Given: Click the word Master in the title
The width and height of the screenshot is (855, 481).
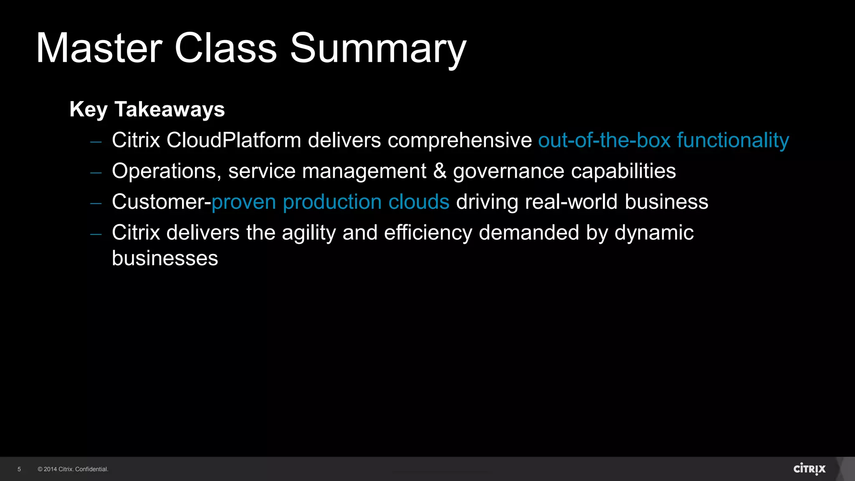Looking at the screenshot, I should point(99,48).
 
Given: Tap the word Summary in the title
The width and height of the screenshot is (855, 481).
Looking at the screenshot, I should point(378,48).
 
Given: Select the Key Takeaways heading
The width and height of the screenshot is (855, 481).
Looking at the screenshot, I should point(147,109).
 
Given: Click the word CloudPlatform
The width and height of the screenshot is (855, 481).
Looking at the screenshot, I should point(233,140).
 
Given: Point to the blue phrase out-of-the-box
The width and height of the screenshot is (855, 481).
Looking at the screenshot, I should point(604,140).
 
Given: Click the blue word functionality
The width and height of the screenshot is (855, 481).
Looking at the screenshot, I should point(733,140).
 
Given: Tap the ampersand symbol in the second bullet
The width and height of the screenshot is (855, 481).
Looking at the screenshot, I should point(440,171).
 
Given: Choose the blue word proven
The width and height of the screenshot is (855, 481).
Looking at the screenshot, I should point(244,203).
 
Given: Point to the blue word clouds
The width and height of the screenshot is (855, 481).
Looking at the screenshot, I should point(419,202).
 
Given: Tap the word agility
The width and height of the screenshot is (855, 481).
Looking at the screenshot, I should point(309,233).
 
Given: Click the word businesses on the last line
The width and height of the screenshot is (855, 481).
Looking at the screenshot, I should point(165,258).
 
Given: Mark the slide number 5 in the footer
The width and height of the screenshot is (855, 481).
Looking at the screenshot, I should point(19,469).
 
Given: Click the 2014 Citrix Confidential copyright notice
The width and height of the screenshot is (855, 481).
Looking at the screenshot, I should point(73,469).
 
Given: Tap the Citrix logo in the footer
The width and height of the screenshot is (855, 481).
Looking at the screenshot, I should point(809,469).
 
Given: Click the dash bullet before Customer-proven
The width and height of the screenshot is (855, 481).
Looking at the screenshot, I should point(96,203).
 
